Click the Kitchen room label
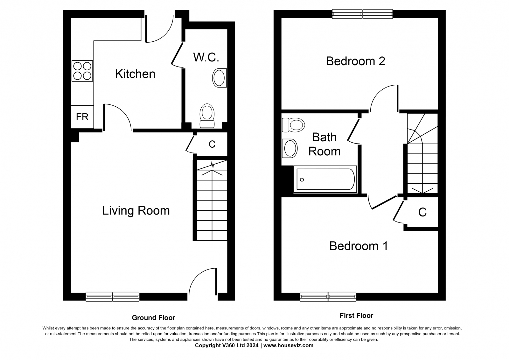click(x=135, y=74)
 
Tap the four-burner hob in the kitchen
click(x=82, y=71)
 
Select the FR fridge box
click(x=82, y=117)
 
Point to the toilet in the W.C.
click(x=207, y=116)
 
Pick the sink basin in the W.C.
click(x=220, y=78)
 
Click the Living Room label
click(x=136, y=211)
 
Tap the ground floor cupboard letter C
click(x=212, y=144)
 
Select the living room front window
click(x=113, y=297)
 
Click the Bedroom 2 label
click(x=355, y=61)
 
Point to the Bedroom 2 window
click(x=362, y=14)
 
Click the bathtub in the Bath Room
click(x=325, y=179)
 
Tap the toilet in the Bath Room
click(x=293, y=125)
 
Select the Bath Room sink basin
click(x=290, y=148)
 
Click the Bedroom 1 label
click(x=359, y=246)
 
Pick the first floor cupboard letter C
click(x=422, y=212)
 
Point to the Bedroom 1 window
click(x=328, y=297)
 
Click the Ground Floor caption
click(x=154, y=318)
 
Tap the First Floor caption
click(x=356, y=316)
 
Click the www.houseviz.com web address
click(x=288, y=345)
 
